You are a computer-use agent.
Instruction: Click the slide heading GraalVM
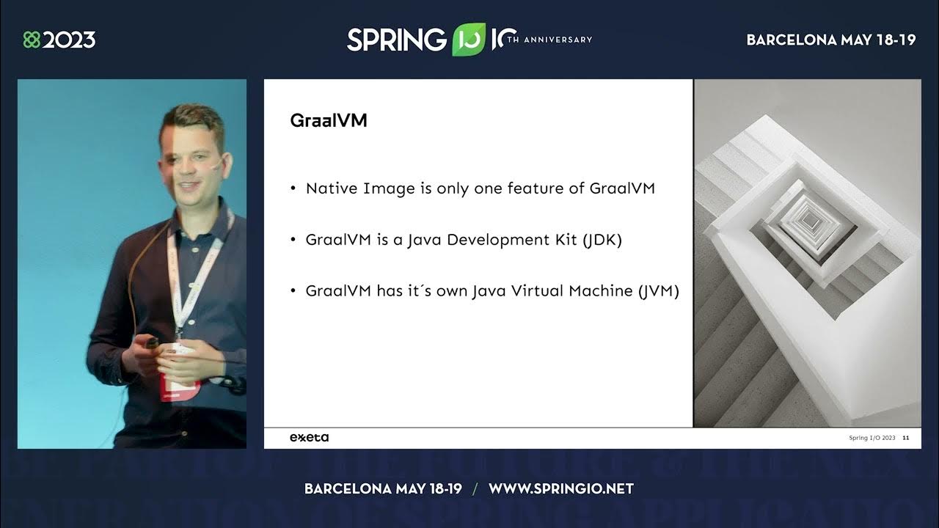pyautogui.click(x=329, y=121)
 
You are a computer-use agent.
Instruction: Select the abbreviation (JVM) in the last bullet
pyautogui.click(x=658, y=291)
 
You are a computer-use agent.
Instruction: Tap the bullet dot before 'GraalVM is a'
pyautogui.click(x=293, y=241)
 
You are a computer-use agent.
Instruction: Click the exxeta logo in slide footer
pyautogui.click(x=309, y=438)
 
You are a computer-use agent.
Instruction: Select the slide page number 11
pyautogui.click(x=906, y=438)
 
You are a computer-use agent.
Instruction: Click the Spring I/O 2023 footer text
pyautogui.click(x=872, y=438)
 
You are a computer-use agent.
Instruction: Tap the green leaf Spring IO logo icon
pyautogui.click(x=468, y=40)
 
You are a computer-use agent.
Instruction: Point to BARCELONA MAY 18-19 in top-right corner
pyautogui.click(x=831, y=40)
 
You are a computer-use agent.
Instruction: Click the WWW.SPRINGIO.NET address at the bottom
pyautogui.click(x=560, y=488)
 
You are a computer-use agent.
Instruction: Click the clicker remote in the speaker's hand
pyautogui.click(x=152, y=342)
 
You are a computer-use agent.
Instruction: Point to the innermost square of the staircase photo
pyautogui.click(x=810, y=219)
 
